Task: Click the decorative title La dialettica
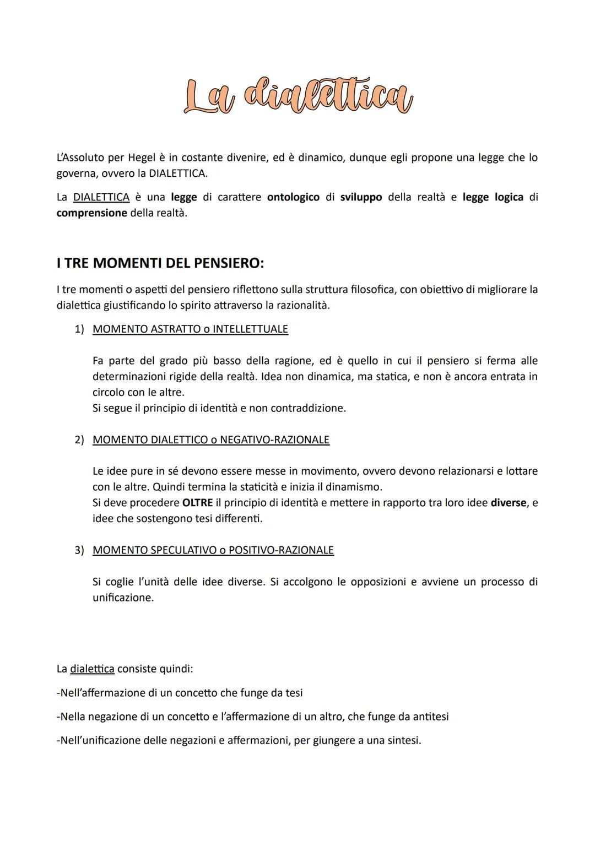tap(297, 96)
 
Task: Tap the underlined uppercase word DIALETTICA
tap(101, 197)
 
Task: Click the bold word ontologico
tap(293, 197)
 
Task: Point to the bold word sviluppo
tap(361, 197)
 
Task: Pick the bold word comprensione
tap(91, 213)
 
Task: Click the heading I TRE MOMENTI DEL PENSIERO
tap(160, 263)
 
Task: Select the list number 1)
tap(79, 329)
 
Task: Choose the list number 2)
tap(79, 440)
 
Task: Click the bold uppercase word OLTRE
tap(197, 503)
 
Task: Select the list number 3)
tap(79, 550)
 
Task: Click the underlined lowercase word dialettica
tap(93, 669)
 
